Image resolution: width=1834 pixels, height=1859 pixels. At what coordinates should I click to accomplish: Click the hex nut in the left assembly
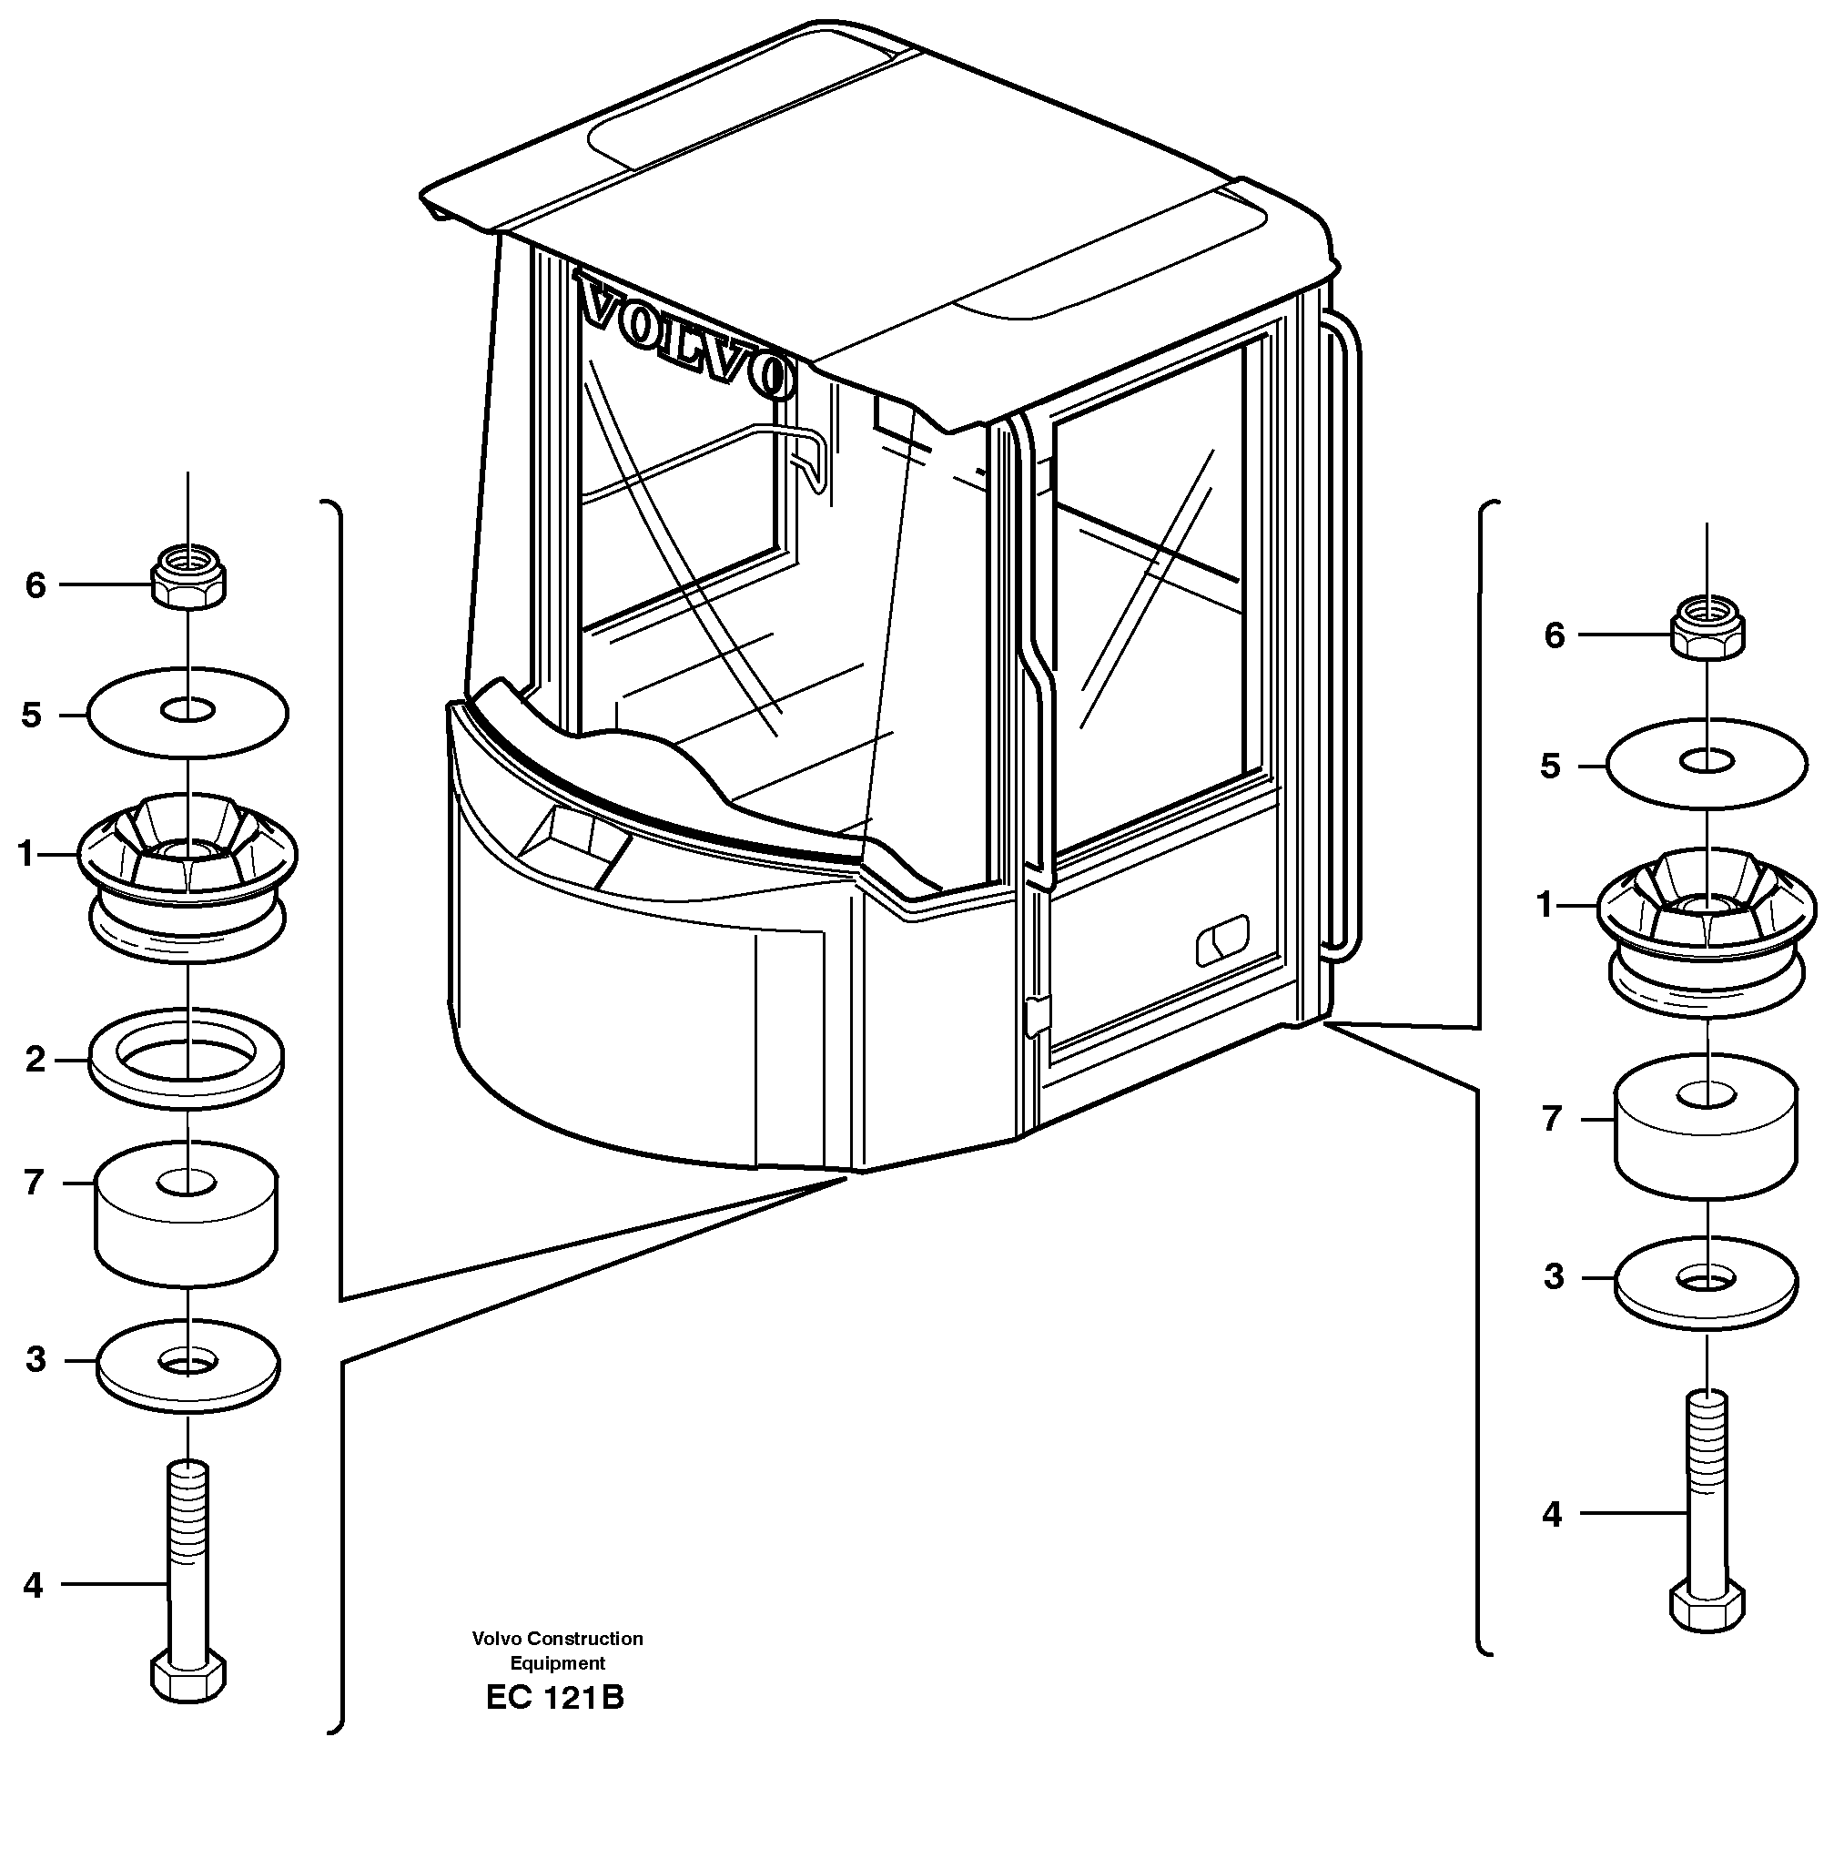tap(189, 577)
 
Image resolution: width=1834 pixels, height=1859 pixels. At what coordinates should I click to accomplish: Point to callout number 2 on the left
tap(35, 1060)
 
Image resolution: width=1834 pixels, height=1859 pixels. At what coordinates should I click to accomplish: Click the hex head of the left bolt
tap(188, 1678)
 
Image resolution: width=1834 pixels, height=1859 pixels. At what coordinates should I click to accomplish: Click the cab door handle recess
tap(1222, 940)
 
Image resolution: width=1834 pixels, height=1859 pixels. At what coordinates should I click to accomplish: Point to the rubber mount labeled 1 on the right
tap(1706, 933)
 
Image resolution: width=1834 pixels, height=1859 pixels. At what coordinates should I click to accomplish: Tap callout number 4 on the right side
tap(1551, 1515)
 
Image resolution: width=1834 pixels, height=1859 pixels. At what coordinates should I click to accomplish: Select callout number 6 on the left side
tap(35, 585)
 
